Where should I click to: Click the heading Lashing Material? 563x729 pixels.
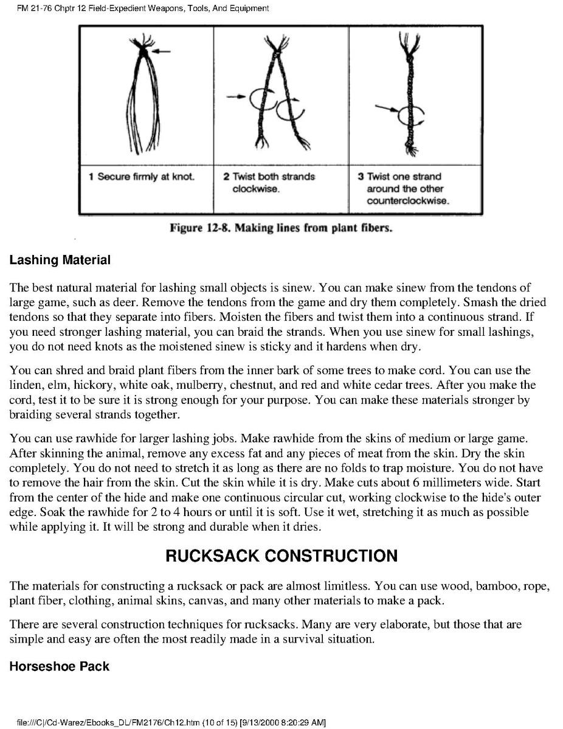[x=60, y=260]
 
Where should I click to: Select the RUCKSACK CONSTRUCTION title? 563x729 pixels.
[x=281, y=556]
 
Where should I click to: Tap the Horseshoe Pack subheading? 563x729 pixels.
[x=60, y=666]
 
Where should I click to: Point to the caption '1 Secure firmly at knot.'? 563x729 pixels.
[x=142, y=177]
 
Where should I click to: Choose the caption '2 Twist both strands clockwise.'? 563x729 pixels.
[x=269, y=183]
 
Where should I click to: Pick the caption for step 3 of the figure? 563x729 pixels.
[x=407, y=189]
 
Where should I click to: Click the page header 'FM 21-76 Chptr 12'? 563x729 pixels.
[x=55, y=9]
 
